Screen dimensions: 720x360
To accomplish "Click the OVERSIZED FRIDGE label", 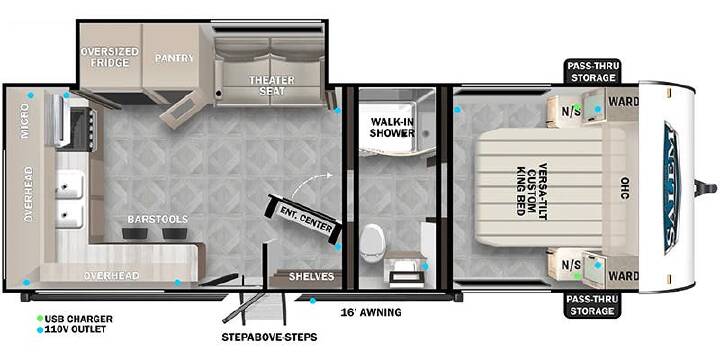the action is [110, 57].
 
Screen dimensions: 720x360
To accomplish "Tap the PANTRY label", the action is [174, 58].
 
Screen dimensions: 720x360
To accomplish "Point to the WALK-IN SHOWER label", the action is [392, 128].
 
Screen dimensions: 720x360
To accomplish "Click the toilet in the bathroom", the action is [370, 243].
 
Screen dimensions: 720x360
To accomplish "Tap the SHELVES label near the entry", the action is [311, 276].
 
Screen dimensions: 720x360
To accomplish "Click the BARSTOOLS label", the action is [158, 219].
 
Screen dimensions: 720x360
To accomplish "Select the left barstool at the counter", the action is [135, 233].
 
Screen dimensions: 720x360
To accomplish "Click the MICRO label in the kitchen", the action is [25, 115].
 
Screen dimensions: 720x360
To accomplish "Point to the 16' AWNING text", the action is [371, 313].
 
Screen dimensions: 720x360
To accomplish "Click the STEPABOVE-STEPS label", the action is [269, 338].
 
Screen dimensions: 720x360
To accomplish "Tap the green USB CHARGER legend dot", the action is [40, 318].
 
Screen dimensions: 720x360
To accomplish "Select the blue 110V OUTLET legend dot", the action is [40, 330].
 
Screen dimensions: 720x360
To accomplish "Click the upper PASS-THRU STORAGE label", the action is [592, 72].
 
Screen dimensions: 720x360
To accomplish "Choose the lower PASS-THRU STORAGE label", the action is [592, 305].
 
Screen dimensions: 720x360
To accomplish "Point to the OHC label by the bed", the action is [624, 188].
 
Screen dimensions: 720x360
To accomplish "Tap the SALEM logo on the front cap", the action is [672, 187].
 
